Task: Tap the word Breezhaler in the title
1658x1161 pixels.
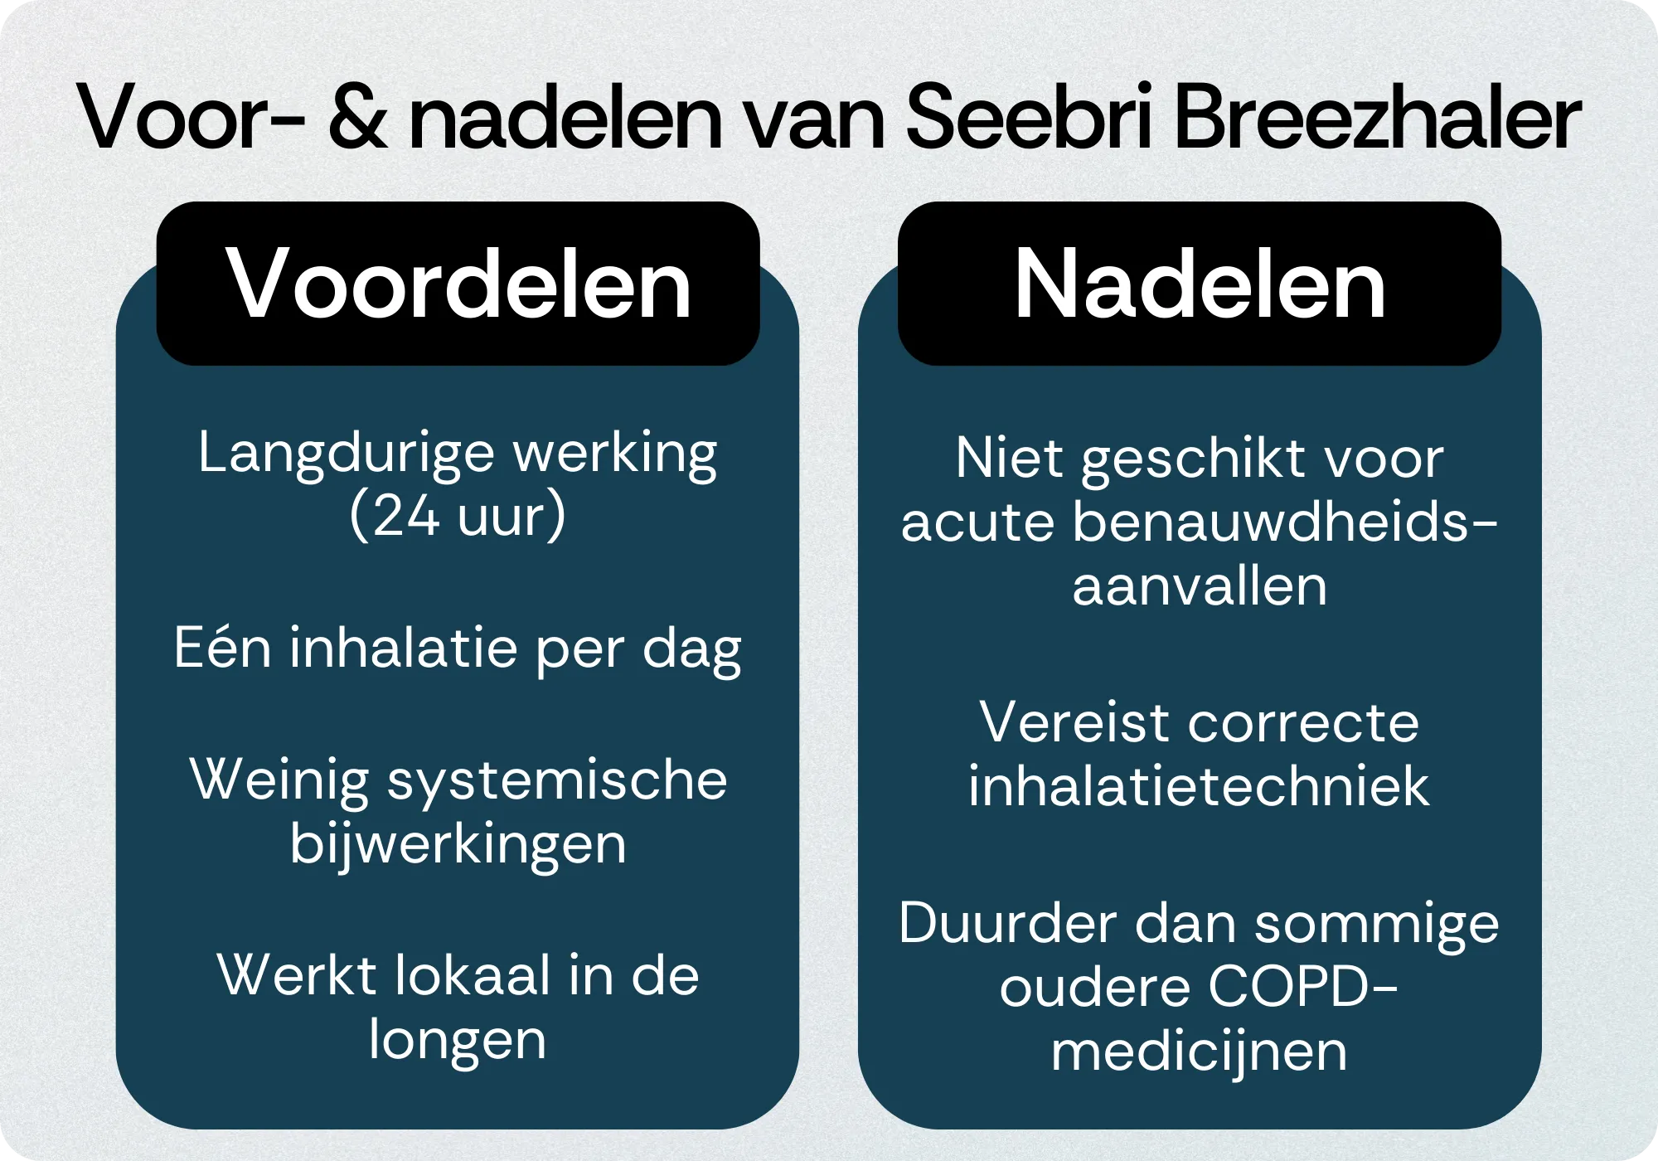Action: tap(1377, 118)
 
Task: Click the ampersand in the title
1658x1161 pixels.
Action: tap(357, 118)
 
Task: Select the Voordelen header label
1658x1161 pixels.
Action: tap(458, 284)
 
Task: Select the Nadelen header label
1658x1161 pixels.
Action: tap(1200, 284)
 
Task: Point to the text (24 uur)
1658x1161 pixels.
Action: tap(458, 516)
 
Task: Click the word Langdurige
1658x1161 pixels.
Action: tap(347, 454)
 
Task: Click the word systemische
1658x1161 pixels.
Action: tap(557, 780)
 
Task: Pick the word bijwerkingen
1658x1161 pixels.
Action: tap(458, 845)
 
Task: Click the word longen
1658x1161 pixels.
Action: tap(458, 1040)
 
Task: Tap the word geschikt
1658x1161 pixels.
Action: tap(1191, 459)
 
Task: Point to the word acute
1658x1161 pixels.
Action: tap(977, 522)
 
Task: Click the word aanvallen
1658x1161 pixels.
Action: tap(1200, 586)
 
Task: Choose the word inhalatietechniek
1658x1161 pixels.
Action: tap(1200, 786)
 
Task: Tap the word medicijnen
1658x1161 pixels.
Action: tap(1200, 1052)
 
